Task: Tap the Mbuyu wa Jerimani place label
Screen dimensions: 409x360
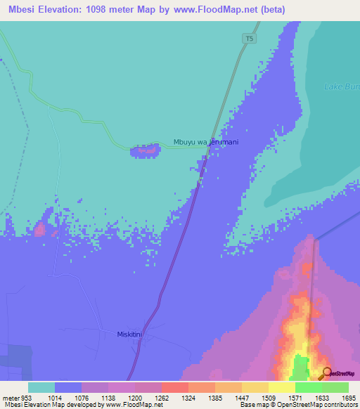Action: point(206,143)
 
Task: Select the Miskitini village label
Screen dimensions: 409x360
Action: point(130,335)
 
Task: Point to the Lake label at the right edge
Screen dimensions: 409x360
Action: point(340,87)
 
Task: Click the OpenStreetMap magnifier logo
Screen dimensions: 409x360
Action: point(328,372)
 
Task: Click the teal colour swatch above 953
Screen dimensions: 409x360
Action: point(41,387)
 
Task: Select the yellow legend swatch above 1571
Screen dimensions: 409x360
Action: point(281,387)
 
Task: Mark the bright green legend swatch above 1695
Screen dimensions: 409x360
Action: point(335,387)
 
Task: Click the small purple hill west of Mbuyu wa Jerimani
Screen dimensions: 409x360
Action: point(147,150)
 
